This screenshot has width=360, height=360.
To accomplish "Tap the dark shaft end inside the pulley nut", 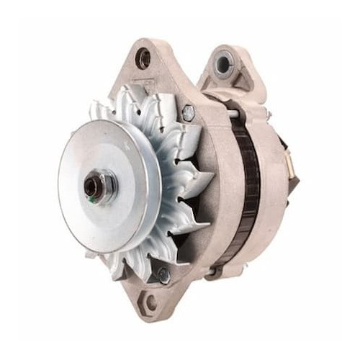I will (92, 187).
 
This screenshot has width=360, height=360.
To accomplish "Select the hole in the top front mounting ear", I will (143, 60).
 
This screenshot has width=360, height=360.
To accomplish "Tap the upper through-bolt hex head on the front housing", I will (189, 112).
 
